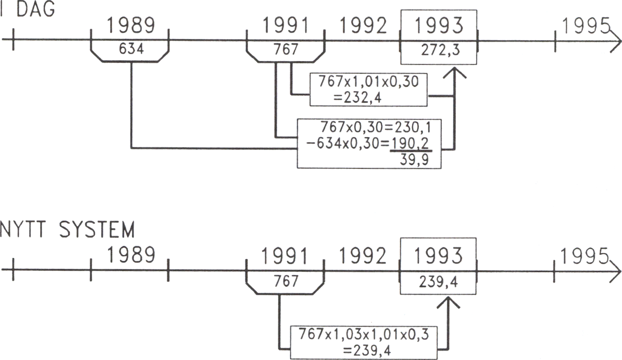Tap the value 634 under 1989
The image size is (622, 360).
(131, 49)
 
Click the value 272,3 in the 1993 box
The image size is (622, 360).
(440, 50)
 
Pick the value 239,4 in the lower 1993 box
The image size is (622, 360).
(438, 282)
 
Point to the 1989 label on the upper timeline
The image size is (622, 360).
(131, 25)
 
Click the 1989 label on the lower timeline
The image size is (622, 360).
(131, 255)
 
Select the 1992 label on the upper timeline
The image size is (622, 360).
(363, 26)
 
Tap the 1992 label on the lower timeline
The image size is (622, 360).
(362, 256)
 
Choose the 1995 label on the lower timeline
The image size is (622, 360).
(584, 256)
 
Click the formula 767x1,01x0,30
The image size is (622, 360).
(369, 81)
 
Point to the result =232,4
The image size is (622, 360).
(357, 98)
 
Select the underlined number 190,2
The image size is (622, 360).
(410, 143)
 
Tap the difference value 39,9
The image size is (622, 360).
(414, 159)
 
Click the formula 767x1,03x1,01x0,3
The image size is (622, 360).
(364, 334)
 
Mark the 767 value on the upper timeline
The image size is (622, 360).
(286, 50)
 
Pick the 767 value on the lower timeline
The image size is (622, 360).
(286, 281)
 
